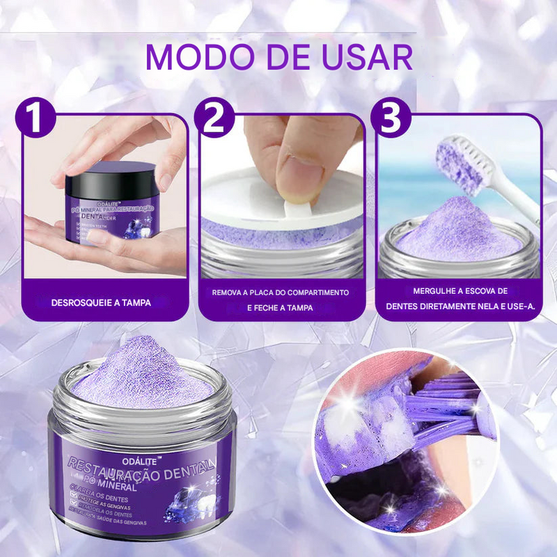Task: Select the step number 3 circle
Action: [x=391, y=119]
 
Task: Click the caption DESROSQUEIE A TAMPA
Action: [x=102, y=302]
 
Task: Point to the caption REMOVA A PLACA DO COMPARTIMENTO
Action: [x=281, y=292]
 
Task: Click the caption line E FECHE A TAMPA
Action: [x=281, y=307]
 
